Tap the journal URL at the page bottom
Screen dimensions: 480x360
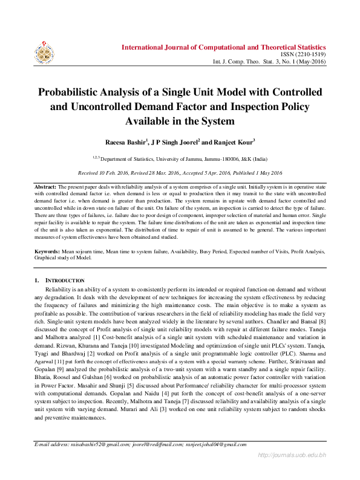coord(292,470)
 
